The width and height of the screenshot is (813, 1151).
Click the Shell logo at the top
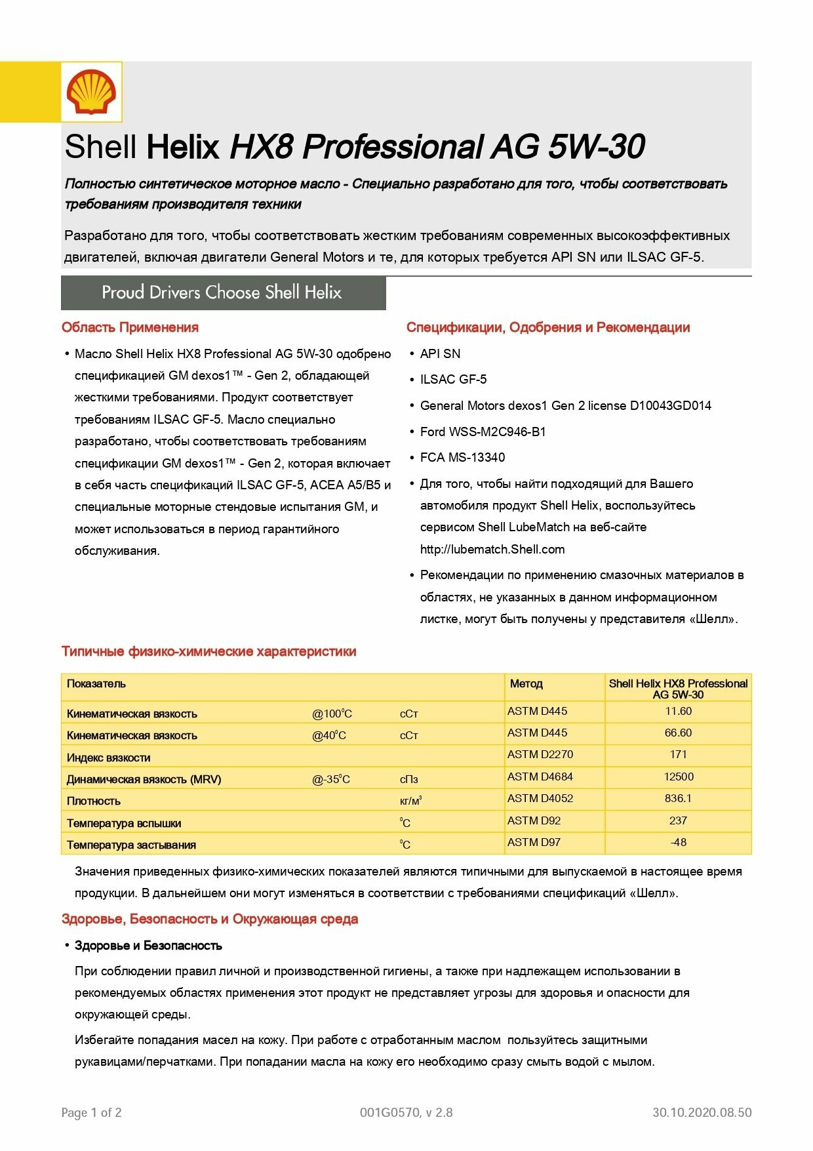pos(91,92)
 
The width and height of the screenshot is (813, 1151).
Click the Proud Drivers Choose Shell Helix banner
pos(222,293)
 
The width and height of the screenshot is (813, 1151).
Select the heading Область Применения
pos(130,327)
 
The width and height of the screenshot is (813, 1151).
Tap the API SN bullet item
pos(440,353)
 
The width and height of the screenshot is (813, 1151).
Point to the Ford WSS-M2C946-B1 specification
pos(483,432)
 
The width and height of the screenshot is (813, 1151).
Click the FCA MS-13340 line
pos(462,457)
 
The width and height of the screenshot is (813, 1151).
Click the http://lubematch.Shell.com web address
pos(492,549)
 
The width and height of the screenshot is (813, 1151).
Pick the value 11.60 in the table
pos(678,711)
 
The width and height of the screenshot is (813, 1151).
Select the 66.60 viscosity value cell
pos(678,733)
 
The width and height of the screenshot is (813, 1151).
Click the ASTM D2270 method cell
pos(540,754)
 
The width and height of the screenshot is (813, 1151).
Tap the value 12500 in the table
pos(678,777)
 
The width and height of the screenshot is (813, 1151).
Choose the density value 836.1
pos(678,798)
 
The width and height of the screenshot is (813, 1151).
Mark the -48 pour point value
pos(678,842)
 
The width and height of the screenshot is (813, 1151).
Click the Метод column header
pos(526,683)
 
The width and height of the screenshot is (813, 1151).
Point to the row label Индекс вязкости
pos(109,757)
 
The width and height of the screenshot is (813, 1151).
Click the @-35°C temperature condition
pos(331,779)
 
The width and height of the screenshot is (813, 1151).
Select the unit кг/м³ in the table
pos(410,801)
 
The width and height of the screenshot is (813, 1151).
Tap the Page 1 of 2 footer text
pos(91,1112)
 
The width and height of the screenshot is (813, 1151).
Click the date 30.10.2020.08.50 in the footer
pos(702,1112)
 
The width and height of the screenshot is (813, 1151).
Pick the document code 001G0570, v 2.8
pos(406,1112)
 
